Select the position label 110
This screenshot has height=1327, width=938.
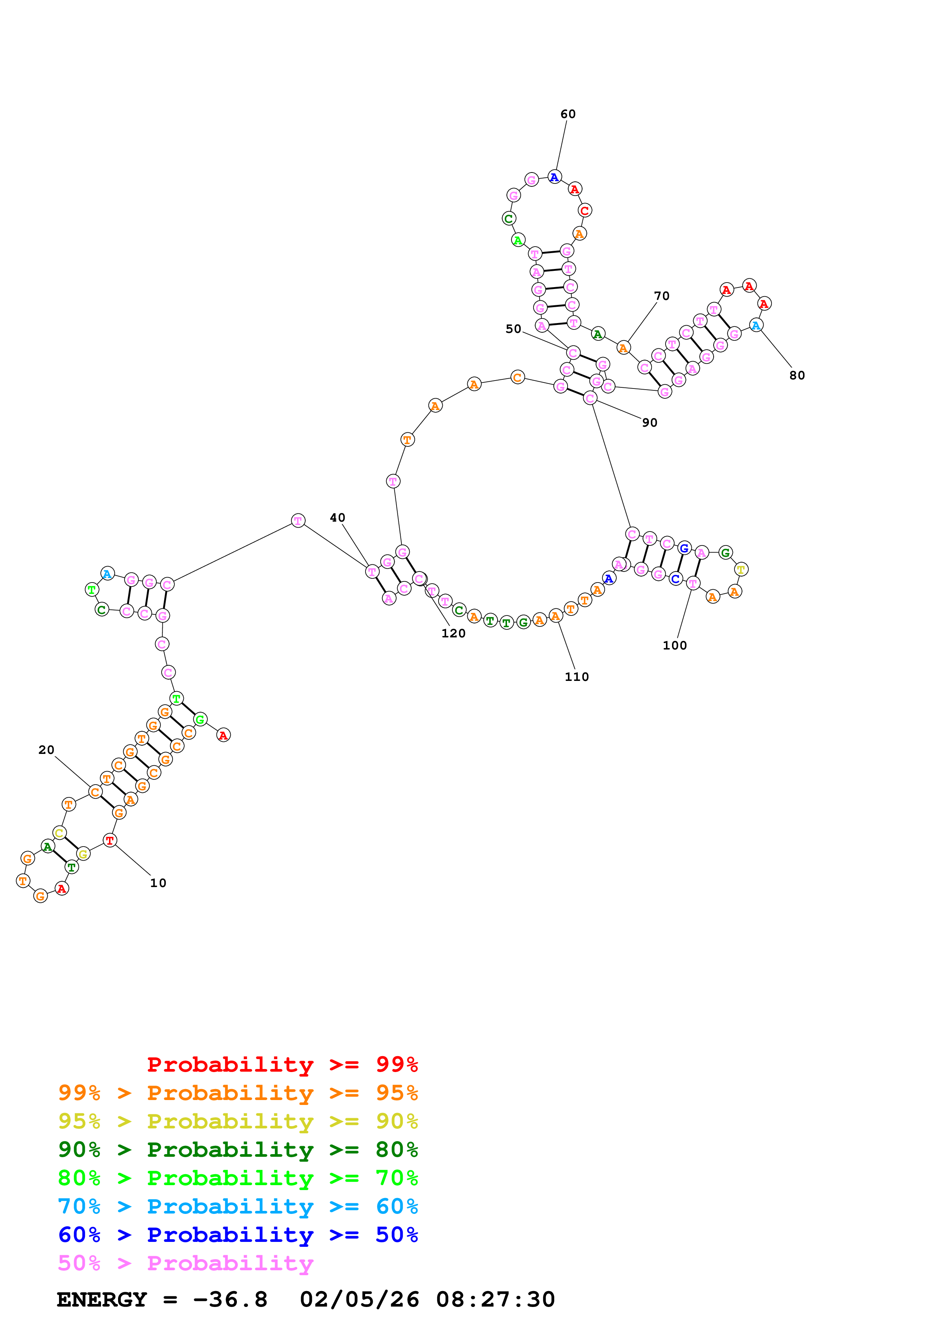576,677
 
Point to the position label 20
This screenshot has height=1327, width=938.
46,750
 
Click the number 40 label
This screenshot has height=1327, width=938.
338,518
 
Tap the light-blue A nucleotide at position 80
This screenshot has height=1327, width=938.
756,325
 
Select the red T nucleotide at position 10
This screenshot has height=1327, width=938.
110,841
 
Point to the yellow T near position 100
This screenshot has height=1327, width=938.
741,570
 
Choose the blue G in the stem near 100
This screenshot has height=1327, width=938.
684,548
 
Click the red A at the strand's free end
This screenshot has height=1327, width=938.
223,735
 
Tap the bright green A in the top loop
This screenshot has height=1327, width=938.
518,240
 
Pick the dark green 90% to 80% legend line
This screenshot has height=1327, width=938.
238,1150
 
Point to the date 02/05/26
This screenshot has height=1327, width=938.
359,1299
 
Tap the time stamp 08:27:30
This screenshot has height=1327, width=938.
495,1299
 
